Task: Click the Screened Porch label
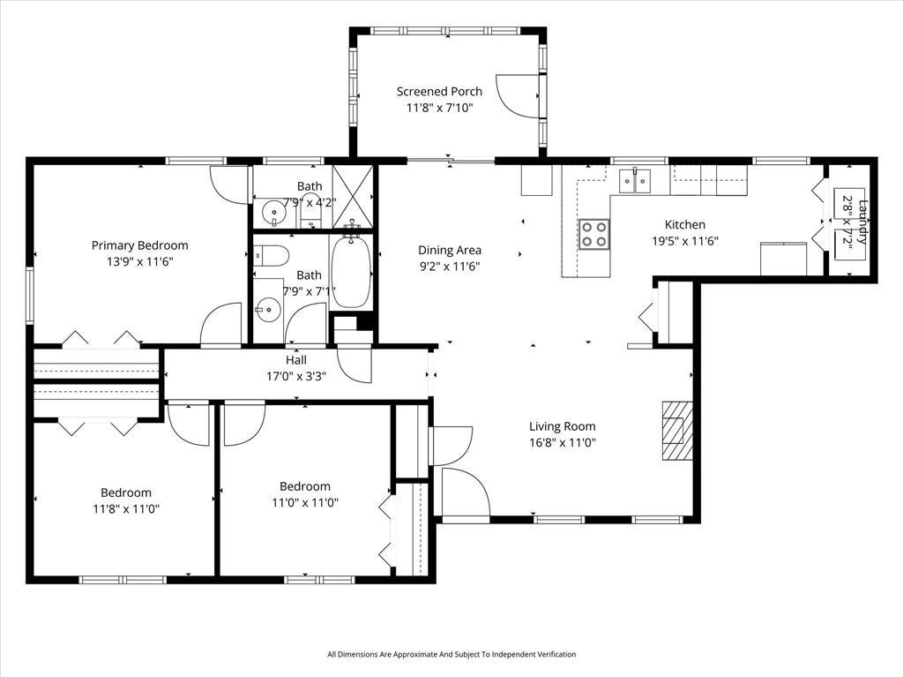click(x=439, y=91)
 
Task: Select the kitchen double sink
click(x=634, y=181)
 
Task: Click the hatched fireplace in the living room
click(x=677, y=430)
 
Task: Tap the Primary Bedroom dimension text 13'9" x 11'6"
click(x=139, y=262)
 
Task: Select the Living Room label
click(x=562, y=426)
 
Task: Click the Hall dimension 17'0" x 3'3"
click(x=295, y=375)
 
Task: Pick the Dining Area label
click(x=450, y=250)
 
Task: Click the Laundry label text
click(x=863, y=223)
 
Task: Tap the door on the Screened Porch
click(x=518, y=95)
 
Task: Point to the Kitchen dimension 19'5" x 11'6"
click(x=684, y=240)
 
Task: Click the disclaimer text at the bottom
click(x=451, y=654)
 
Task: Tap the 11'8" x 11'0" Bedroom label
click(x=126, y=493)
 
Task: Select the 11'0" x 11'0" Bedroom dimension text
click(x=305, y=502)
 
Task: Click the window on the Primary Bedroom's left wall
click(x=29, y=295)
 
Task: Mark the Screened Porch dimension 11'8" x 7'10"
click(x=439, y=108)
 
